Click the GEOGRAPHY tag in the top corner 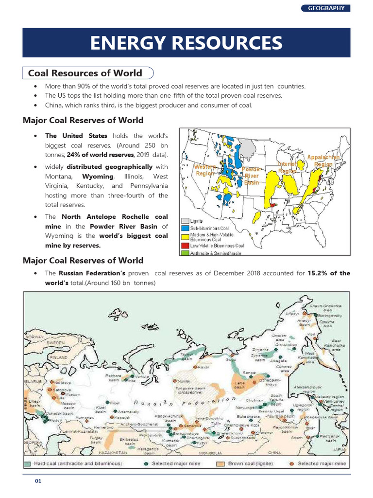[326, 8]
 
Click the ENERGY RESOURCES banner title [186, 43]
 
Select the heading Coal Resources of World [85, 73]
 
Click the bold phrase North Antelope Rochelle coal [114, 216]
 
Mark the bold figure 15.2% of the [329, 273]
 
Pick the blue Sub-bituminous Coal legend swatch [185, 227]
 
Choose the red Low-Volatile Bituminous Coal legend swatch [185, 246]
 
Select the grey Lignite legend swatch [185, 221]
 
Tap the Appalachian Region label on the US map [323, 160]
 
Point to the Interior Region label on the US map [288, 168]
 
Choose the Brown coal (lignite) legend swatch [220, 463]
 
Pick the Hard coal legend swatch [28, 463]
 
